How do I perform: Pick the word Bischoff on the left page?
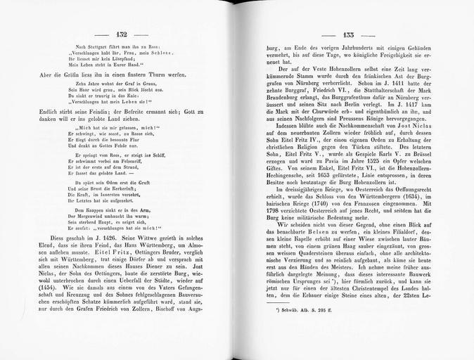pos(171,309)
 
